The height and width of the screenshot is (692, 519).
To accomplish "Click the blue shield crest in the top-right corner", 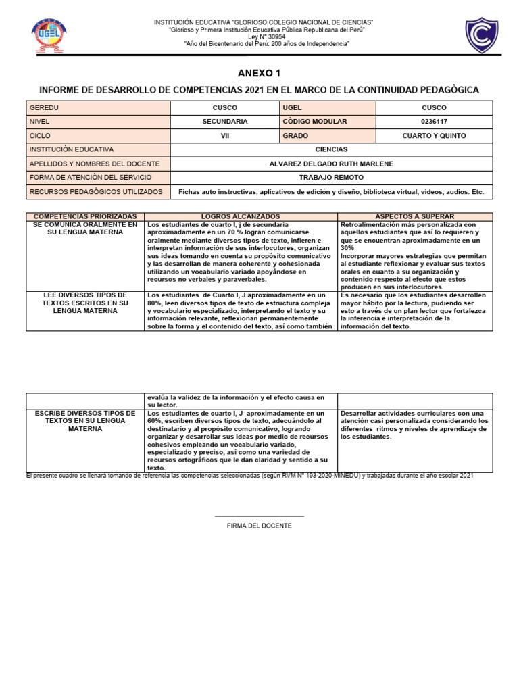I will click(x=483, y=36).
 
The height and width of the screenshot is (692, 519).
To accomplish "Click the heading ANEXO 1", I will click(x=259, y=73).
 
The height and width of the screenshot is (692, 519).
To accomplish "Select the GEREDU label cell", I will click(x=98, y=107).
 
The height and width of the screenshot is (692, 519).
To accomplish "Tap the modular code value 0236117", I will click(x=434, y=122).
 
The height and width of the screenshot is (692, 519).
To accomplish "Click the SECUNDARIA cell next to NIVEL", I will click(x=225, y=122).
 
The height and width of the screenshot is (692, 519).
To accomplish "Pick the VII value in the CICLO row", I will click(x=225, y=136).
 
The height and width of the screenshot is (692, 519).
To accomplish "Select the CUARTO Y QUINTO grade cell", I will click(x=434, y=136).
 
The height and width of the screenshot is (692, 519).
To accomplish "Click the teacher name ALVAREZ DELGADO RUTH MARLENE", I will click(x=331, y=164).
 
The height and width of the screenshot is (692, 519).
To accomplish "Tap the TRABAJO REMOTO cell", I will click(x=331, y=178).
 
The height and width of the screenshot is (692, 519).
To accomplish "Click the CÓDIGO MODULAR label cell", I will click(x=327, y=122).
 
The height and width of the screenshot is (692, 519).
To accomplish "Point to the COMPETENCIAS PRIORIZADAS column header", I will click(x=85, y=216).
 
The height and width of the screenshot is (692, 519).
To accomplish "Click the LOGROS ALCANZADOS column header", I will click(x=241, y=216).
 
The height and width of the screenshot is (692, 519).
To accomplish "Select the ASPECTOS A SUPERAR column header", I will click(x=416, y=216).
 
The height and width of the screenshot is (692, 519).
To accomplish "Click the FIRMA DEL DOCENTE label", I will click(x=259, y=526).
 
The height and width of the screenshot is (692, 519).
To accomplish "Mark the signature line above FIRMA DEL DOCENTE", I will click(x=259, y=516).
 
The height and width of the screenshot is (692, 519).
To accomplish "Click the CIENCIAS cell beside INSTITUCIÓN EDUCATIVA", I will click(x=331, y=149).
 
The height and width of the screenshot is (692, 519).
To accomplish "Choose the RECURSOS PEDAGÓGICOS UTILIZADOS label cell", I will click(x=98, y=192).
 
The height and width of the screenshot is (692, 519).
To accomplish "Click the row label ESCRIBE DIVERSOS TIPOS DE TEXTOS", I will click(x=85, y=420).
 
